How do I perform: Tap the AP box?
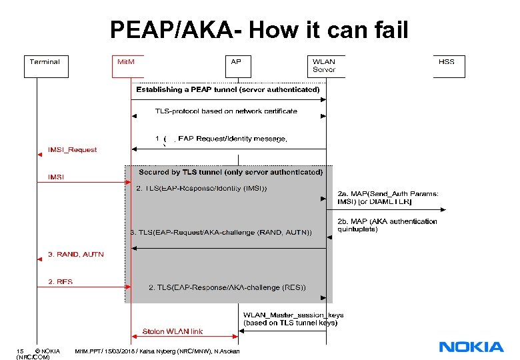236,65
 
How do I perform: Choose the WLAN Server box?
325,65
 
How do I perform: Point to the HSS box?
447,65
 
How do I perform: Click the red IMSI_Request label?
73,150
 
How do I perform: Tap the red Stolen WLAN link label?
173,331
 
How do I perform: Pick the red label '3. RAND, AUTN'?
76,254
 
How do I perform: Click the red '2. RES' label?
61,282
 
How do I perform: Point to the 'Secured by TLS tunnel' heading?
231,172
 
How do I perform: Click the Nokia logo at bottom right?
471,347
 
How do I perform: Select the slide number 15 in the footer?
21,351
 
